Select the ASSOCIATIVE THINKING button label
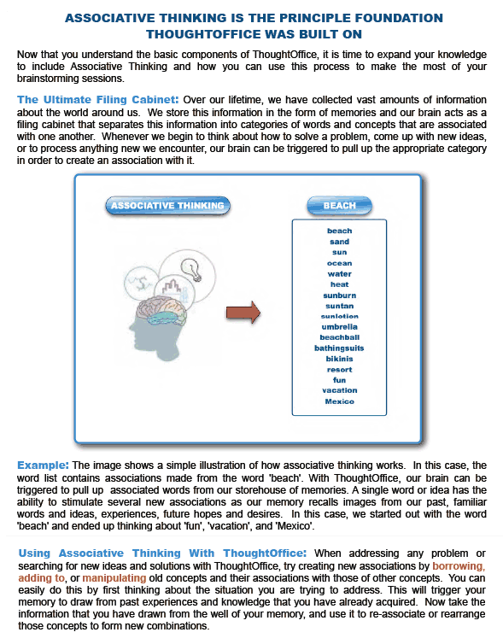pos(167,206)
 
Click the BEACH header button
pos(339,206)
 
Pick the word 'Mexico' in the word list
pos(339,401)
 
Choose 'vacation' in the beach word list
pos(339,390)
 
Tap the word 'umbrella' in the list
pos(339,327)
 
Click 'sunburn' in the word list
pos(339,296)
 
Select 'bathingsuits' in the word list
pos(339,348)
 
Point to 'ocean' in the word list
pos(339,263)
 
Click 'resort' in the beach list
pos(339,370)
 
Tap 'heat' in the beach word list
pos(339,284)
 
